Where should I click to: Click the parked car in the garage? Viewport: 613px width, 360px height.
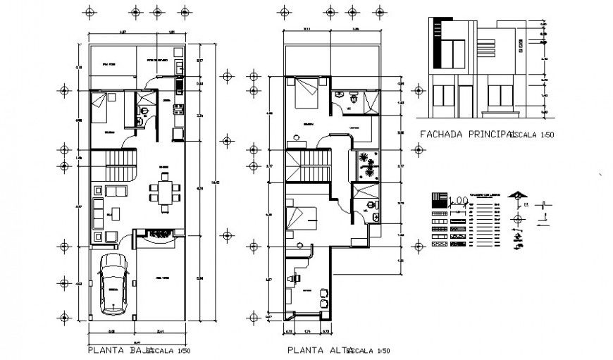(x=113, y=284)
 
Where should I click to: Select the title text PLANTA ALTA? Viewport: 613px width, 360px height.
(x=316, y=349)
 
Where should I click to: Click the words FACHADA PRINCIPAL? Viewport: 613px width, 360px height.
(x=464, y=132)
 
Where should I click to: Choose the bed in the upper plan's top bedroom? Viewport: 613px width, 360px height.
(x=306, y=92)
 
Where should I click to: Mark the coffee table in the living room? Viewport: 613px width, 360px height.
(x=114, y=212)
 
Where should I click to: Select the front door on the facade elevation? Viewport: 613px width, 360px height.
(x=465, y=100)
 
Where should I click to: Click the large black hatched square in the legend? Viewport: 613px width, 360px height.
(x=438, y=199)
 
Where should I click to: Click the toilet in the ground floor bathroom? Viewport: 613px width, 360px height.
(x=142, y=120)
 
